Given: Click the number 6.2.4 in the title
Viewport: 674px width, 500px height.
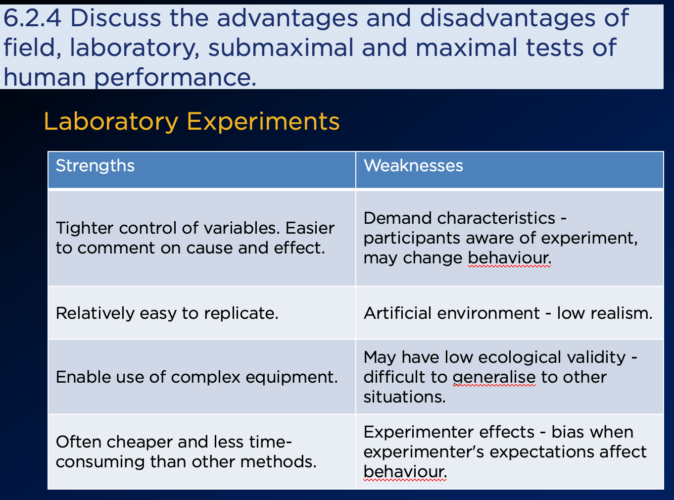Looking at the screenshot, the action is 32,18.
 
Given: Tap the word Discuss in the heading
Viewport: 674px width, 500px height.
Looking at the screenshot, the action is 116,18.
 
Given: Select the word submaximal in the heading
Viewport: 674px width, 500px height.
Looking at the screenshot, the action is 281,48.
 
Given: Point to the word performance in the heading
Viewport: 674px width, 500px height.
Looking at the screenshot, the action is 175,78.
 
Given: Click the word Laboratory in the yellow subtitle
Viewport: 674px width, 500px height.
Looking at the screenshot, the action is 111,122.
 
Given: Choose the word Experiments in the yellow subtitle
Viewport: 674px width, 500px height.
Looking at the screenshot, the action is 263,122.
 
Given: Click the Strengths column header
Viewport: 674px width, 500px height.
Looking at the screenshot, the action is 95,166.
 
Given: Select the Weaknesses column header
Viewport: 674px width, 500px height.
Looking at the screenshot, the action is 413,166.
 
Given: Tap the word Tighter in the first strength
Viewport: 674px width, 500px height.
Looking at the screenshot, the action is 85,228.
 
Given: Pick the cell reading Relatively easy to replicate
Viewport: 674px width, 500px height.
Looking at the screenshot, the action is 167,313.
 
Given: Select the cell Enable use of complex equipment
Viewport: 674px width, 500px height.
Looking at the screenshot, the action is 197,377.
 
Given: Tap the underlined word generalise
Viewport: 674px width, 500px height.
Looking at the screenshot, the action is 494,378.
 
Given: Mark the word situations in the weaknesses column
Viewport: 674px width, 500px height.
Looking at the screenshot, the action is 404,397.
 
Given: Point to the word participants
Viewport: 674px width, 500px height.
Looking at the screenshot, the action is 412,239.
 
